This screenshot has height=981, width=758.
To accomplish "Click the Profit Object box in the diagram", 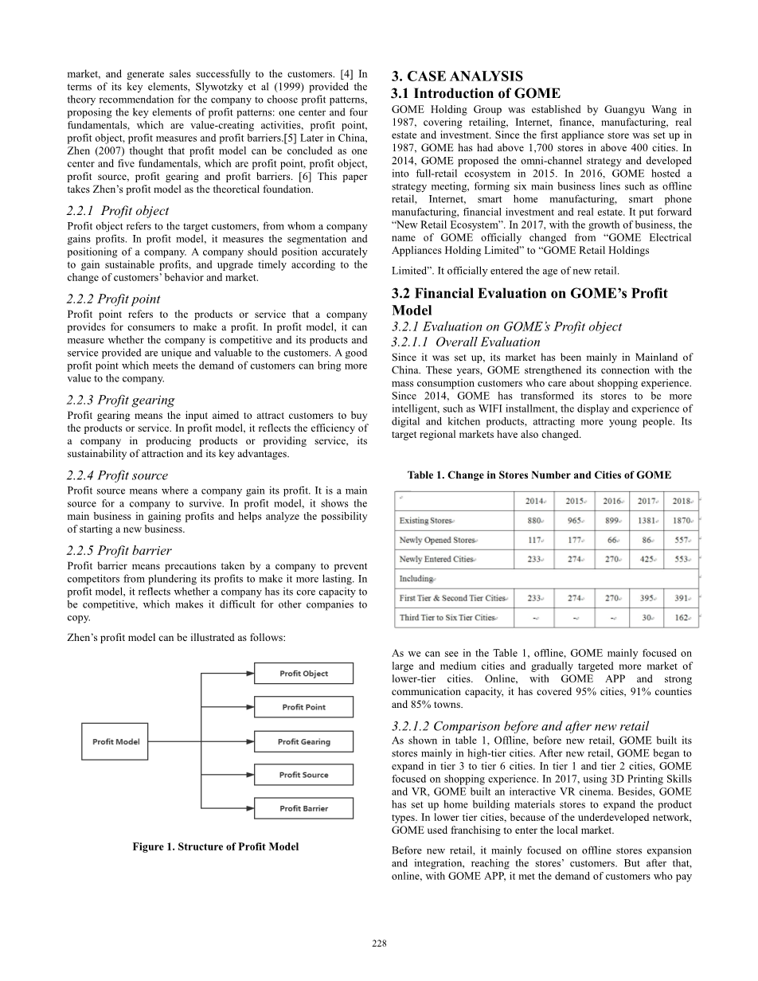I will point(303,674).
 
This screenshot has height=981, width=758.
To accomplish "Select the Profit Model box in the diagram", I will point(116,741).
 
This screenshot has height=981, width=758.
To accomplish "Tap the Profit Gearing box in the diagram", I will point(303,741).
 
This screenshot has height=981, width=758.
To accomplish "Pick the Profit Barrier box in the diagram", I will point(303,808).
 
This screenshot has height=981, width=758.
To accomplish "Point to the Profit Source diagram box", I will point(303,775).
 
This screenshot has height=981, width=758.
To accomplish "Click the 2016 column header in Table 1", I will point(612,501).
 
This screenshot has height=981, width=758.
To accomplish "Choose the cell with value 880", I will point(535,520).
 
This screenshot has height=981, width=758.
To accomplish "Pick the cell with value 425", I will point(647,559).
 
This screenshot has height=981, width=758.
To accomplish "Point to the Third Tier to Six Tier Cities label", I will point(447,618).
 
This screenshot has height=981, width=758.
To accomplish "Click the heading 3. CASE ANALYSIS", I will point(457,76).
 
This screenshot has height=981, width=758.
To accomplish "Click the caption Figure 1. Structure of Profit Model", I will point(215,846).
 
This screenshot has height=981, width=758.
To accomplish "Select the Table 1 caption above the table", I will point(539,475).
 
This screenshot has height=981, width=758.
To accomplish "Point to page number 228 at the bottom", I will point(379,944).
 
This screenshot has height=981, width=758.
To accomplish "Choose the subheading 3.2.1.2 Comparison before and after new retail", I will point(520,725).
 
